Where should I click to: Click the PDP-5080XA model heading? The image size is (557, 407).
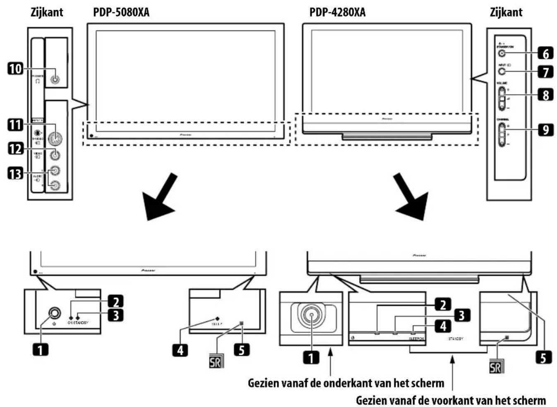(121, 12)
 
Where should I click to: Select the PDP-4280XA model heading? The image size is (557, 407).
(337, 12)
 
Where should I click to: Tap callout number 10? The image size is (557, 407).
(15, 68)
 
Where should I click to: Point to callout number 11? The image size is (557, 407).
(15, 124)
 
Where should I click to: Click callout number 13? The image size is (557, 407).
(15, 173)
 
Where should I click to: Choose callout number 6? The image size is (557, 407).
(545, 53)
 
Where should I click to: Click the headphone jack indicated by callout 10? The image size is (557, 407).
(54, 80)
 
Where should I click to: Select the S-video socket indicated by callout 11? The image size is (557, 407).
(54, 137)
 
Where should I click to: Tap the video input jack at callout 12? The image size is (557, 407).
(54, 155)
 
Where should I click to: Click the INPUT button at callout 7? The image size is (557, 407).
(502, 72)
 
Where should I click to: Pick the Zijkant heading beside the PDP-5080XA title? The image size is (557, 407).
(47, 12)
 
